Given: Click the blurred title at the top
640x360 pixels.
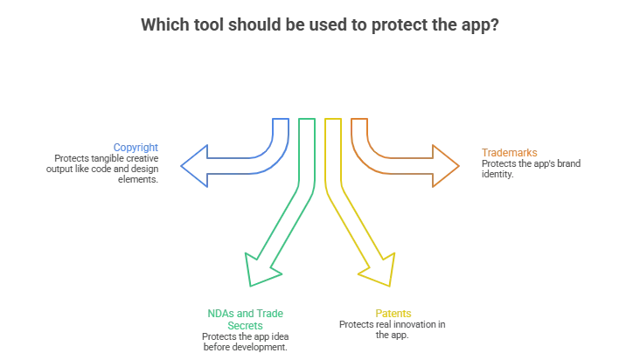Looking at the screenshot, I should [x=320, y=24].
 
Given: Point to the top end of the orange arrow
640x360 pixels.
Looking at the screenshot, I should [x=358, y=119].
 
